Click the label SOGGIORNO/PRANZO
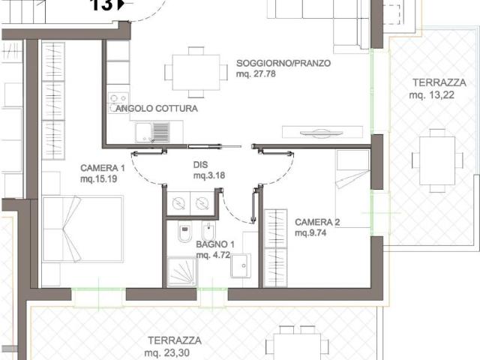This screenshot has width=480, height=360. click(283, 63)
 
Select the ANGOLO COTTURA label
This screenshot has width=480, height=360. click(157, 109)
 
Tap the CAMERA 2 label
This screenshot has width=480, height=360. click(317, 222)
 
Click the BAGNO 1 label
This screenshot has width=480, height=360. click(216, 244)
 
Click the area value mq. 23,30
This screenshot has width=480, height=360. click(173, 351)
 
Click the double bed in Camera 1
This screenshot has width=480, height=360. click(82, 229)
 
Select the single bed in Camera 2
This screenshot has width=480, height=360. click(352, 187)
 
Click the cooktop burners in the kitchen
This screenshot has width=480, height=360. click(118, 98)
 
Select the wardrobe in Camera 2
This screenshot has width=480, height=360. click(276, 247)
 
